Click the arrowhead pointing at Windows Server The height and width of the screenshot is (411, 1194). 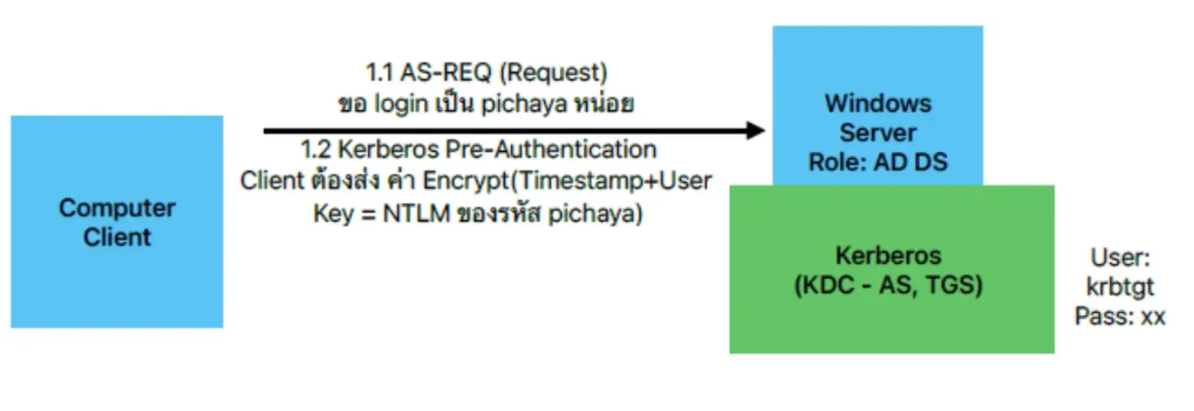756,131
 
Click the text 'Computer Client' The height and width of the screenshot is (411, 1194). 116,222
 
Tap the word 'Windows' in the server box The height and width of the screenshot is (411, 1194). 878,103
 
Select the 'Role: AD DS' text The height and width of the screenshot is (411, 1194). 878,161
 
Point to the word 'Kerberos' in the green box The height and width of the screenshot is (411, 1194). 888,255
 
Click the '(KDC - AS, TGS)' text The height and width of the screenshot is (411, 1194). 888,285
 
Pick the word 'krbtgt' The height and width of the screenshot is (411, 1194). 1120,288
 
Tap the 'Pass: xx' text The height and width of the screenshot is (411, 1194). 1120,316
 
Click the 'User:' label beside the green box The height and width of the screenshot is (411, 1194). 1120,258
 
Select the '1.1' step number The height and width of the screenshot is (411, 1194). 379,72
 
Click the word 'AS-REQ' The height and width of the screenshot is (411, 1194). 446,72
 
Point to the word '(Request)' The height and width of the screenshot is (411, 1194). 553,72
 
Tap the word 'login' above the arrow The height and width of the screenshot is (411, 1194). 401,103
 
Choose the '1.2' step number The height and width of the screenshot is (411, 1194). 315,149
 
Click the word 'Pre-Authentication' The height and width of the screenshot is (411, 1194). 551,149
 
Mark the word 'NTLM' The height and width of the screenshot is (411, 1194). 416,213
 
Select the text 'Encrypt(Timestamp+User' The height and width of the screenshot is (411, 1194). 567,181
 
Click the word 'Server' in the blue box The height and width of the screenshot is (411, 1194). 878,132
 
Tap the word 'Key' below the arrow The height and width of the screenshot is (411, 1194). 333,214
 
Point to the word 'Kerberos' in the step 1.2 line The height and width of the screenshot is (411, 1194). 388,149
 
